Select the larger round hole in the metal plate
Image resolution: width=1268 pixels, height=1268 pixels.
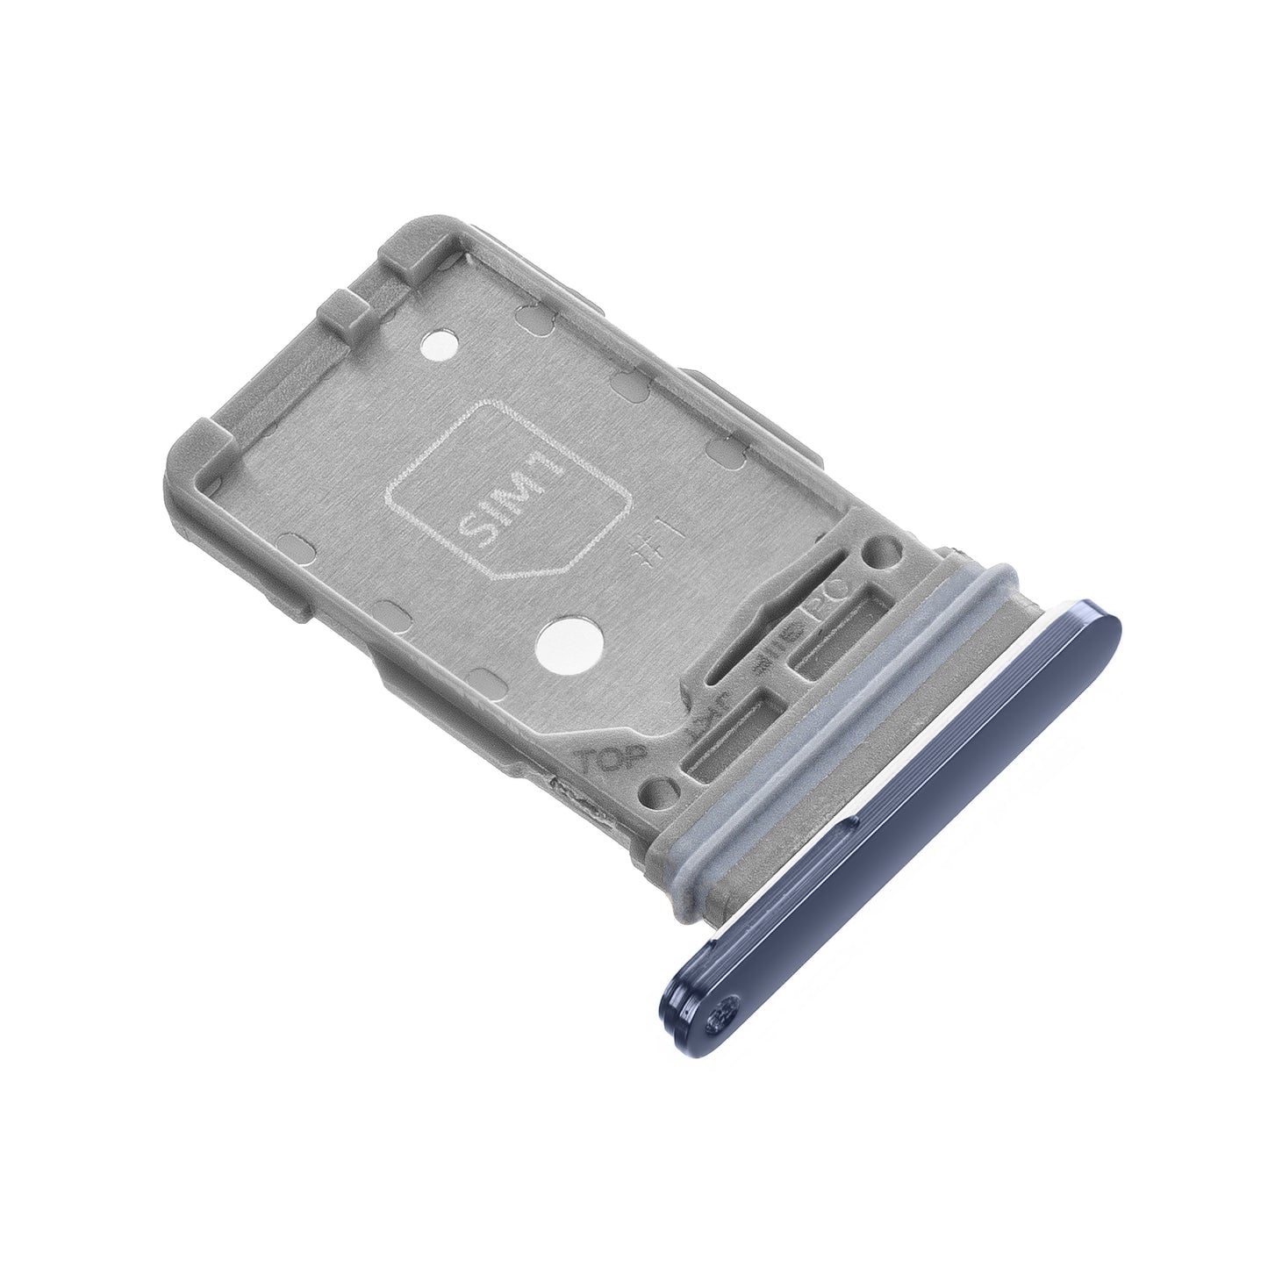click(x=561, y=640)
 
